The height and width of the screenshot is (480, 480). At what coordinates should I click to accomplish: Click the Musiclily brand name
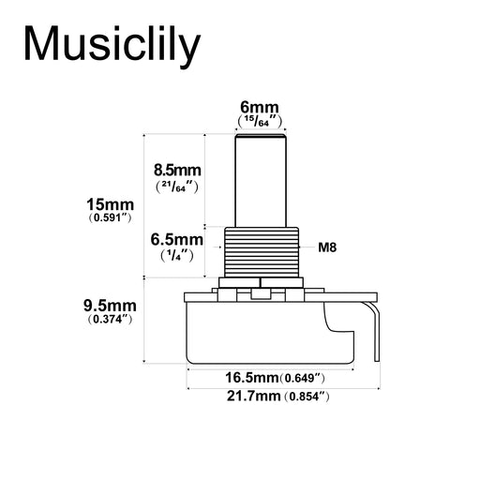coord(112,45)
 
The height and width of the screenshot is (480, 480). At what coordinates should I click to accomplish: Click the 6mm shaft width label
coord(260,108)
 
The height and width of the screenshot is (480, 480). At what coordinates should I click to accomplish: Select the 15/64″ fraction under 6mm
coord(260,121)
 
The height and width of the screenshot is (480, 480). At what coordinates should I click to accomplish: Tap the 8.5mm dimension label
coord(177,171)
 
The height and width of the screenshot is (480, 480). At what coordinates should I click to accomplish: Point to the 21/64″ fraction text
coord(177,187)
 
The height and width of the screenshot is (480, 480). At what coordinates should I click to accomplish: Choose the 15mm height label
coord(110,205)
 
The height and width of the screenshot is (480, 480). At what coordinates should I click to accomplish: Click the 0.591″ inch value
coord(110,217)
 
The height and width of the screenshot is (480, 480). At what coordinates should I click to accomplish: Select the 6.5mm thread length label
coord(177,240)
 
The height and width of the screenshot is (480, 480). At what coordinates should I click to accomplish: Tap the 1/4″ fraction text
coord(177,256)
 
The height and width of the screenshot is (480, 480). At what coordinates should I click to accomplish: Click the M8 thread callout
coord(327,247)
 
